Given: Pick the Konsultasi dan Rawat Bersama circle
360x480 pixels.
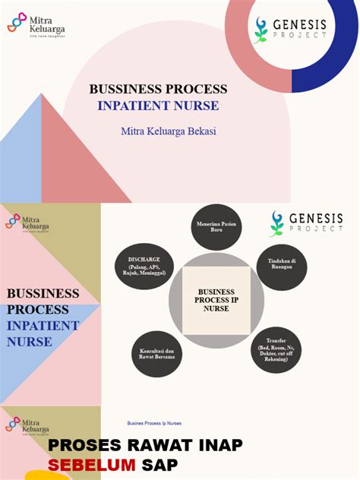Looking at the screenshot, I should click(158, 355).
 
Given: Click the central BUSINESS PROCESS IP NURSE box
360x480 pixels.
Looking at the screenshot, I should click(216, 300).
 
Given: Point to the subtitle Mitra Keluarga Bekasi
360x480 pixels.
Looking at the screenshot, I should click(169, 131).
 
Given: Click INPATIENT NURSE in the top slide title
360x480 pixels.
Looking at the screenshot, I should click(158, 106).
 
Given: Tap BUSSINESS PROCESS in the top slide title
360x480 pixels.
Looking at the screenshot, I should click(158, 89).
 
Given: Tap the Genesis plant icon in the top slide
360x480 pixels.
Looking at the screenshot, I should click(261, 29).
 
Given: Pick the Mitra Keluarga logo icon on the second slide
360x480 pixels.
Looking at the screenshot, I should click(13, 221).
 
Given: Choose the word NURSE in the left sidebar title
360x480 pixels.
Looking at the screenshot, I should click(30, 342).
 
